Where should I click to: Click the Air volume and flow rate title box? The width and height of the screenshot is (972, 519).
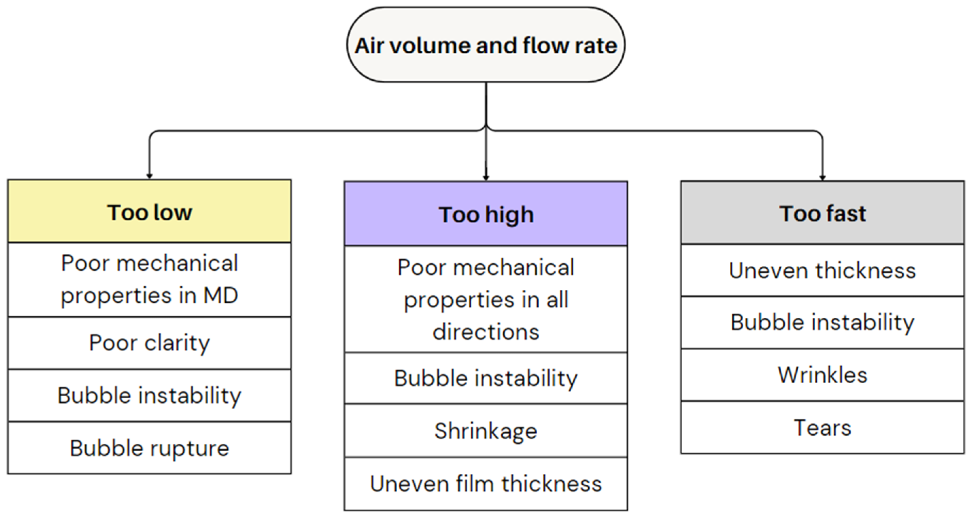tap(486, 45)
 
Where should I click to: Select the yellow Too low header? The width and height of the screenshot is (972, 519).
tap(150, 212)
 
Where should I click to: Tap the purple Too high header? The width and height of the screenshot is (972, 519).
tap(486, 214)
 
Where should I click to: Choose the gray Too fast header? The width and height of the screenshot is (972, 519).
tap(822, 213)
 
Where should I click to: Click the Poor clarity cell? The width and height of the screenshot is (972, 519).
tap(150, 343)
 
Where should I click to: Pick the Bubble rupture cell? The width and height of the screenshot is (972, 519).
tap(150, 448)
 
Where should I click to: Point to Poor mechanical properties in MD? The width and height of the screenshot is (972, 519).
tap(150, 279)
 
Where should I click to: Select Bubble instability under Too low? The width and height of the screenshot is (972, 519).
tap(150, 396)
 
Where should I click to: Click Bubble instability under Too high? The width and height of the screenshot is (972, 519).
tap(486, 378)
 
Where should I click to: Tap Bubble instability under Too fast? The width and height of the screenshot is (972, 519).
tap(822, 322)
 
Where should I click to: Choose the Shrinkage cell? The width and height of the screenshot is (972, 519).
tap(486, 431)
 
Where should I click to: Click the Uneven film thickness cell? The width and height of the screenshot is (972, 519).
tap(486, 484)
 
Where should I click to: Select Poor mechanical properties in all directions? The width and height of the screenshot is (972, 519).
tap(486, 299)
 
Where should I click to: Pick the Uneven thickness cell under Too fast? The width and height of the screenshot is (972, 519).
tap(822, 270)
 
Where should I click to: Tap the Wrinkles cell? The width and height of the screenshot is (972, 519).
tap(822, 375)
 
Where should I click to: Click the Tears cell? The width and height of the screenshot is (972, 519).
tap(822, 428)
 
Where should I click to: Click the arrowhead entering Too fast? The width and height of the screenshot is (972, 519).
tap(822, 178)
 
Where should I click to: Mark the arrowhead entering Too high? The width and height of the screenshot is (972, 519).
tap(486, 178)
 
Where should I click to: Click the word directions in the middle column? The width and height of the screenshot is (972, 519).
tap(486, 332)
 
